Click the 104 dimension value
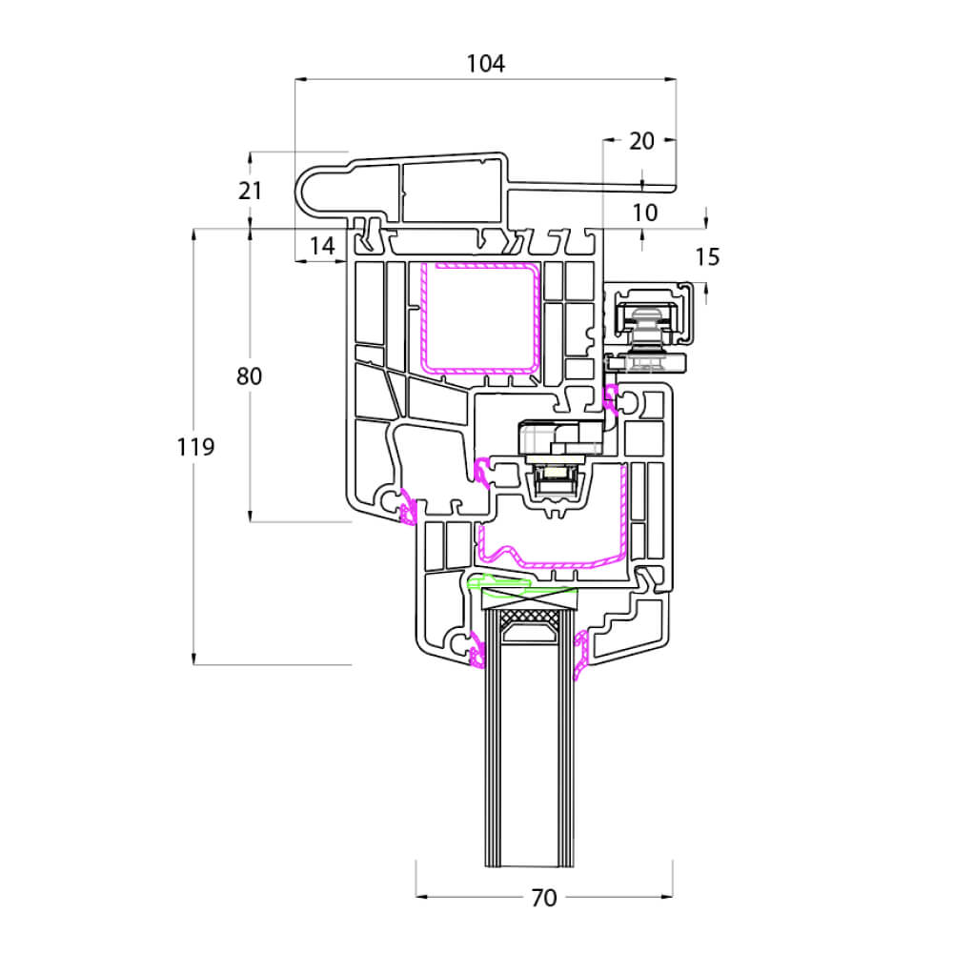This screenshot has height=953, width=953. click(x=486, y=63)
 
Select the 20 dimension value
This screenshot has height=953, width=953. click(x=641, y=141)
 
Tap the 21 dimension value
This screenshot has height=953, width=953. click(x=250, y=191)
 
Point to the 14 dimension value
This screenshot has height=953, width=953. click(x=322, y=246)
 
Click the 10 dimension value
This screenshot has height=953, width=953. click(x=645, y=213)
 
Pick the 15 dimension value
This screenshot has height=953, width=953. click(x=707, y=257)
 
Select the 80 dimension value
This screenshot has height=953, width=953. click(x=249, y=376)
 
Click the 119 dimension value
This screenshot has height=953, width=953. click(x=195, y=447)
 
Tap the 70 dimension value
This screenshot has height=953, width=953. click(x=544, y=898)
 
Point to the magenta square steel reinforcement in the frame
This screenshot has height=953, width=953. click(x=480, y=318)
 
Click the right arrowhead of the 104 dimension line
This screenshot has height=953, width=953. click(x=670, y=79)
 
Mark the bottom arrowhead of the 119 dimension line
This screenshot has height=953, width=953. click(x=193, y=659)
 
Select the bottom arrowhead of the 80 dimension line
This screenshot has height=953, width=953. click(x=250, y=516)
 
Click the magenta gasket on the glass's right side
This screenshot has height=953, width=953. click(x=581, y=654)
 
